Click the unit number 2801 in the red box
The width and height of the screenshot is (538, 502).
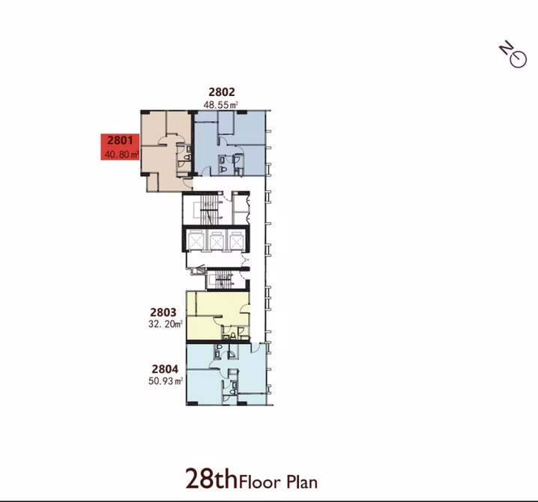pyautogui.click(x=120, y=140)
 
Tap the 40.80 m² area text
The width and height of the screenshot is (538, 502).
pyautogui.click(x=122, y=154)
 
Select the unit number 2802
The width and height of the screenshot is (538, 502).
pyautogui.click(x=222, y=92)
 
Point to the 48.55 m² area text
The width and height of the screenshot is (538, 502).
pyautogui.click(x=220, y=105)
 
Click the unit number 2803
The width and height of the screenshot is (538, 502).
pyautogui.click(x=163, y=312)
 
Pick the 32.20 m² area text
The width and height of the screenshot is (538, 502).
pyautogui.click(x=166, y=324)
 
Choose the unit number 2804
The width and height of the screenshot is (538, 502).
pyautogui.click(x=165, y=369)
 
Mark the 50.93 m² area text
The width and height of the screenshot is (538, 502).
pyautogui.click(x=166, y=381)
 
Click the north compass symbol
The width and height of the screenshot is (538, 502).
pyautogui.click(x=513, y=55)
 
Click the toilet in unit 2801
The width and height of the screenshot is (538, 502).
pyautogui.click(x=187, y=157)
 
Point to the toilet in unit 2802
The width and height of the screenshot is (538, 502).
pyautogui.click(x=223, y=169)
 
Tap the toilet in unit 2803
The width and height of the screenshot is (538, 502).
pyautogui.click(x=233, y=335)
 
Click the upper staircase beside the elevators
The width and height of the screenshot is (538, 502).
pyautogui.click(x=207, y=208)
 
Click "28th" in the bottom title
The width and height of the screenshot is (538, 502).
pyautogui.click(x=211, y=478)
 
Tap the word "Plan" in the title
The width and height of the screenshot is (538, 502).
pyautogui.click(x=302, y=482)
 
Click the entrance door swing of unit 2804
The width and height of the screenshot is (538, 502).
pyautogui.click(x=256, y=347)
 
